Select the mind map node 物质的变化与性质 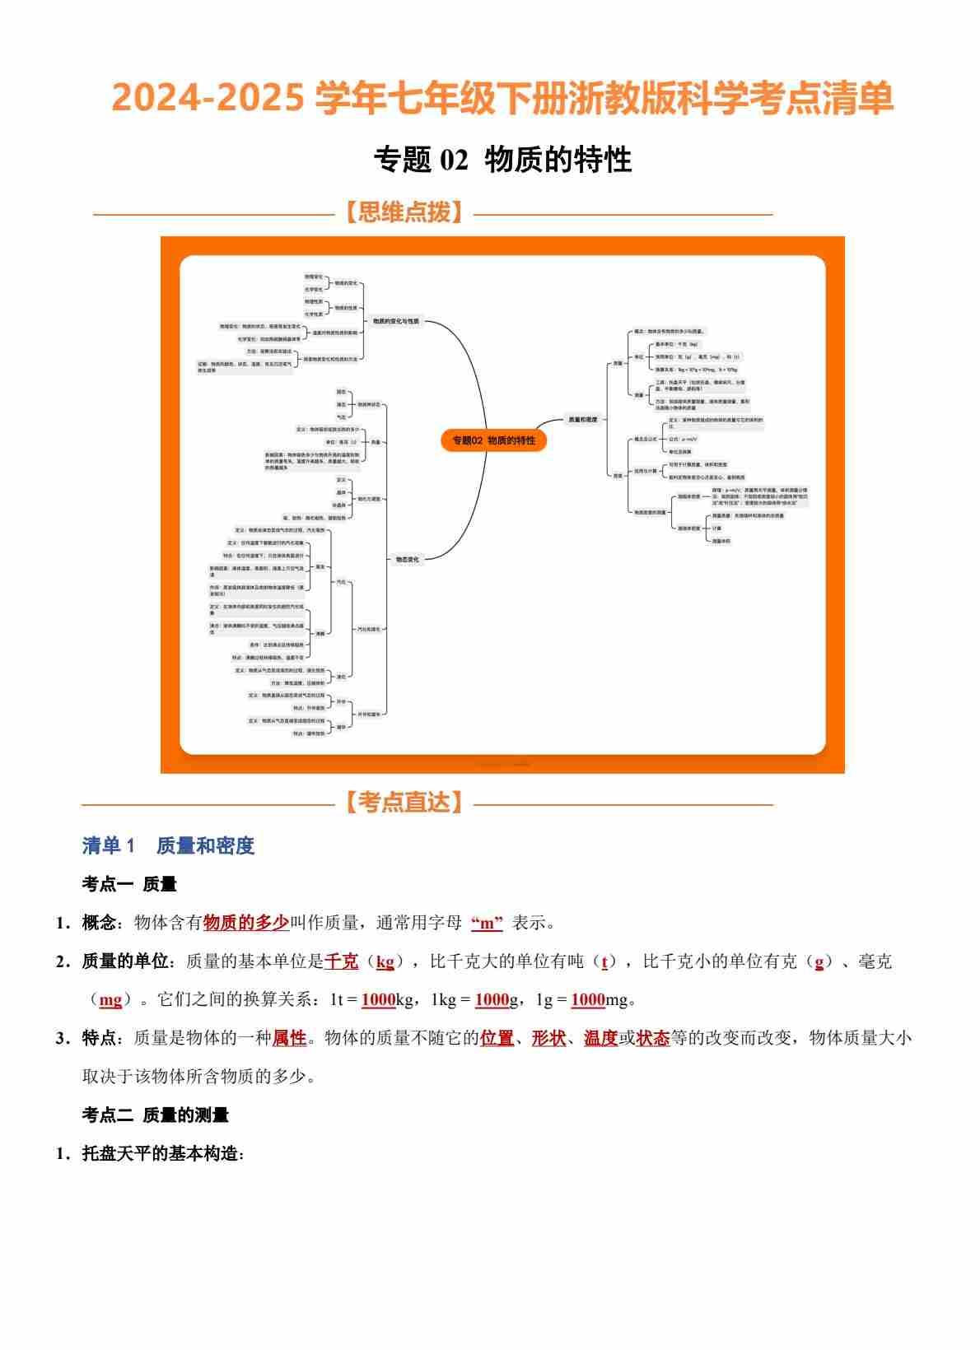pyautogui.click(x=395, y=321)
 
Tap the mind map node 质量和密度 pyautogui.click(x=583, y=419)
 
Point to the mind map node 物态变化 pyautogui.click(x=407, y=560)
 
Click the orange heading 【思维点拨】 pyautogui.click(x=404, y=213)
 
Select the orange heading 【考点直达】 pyautogui.click(x=404, y=803)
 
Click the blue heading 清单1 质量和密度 pyautogui.click(x=168, y=845)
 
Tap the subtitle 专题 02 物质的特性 pyautogui.click(x=502, y=160)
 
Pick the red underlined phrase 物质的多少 pyautogui.click(x=245, y=923)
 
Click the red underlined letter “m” pyautogui.click(x=487, y=924)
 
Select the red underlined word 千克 pyautogui.click(x=341, y=961)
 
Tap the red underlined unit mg pyautogui.click(x=110, y=1000)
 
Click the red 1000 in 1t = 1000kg pyautogui.click(x=378, y=1000)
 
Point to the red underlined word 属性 pyautogui.click(x=289, y=1038)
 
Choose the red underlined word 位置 pyautogui.click(x=497, y=1038)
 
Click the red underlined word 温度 pyautogui.click(x=601, y=1038)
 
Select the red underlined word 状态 pyautogui.click(x=653, y=1038)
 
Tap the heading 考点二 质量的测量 pyautogui.click(x=155, y=1115)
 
